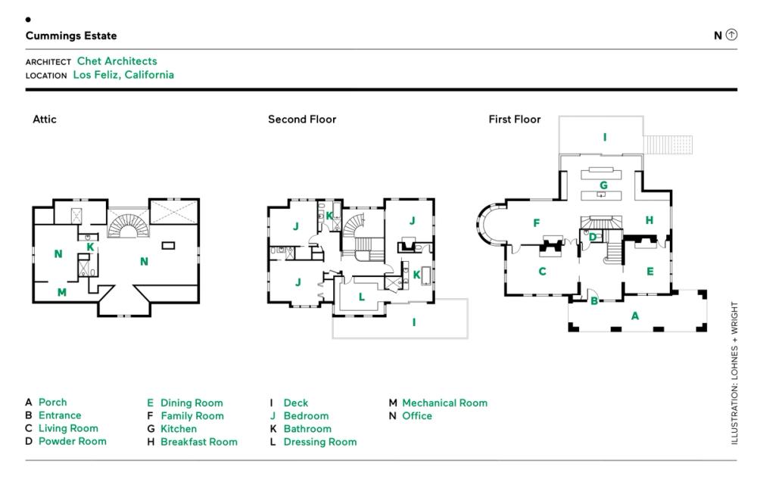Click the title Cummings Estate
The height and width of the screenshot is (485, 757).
(71, 36)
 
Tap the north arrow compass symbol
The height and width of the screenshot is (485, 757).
(731, 35)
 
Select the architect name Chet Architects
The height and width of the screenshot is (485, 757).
(117, 61)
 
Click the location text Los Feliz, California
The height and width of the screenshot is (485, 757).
(123, 75)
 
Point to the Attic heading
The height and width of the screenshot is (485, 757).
(45, 120)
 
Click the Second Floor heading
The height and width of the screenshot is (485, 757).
(302, 120)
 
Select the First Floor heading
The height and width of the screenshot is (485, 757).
(515, 120)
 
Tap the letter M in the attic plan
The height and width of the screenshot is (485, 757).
(62, 292)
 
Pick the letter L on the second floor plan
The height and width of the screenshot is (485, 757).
(362, 297)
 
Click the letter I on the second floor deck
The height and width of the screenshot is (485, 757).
(414, 322)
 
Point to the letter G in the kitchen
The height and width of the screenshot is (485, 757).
(603, 185)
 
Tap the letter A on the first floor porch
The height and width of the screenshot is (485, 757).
(635, 316)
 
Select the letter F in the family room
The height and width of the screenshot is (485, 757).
(537, 223)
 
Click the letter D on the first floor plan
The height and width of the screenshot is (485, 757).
(593, 238)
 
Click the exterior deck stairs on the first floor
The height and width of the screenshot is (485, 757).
(668, 144)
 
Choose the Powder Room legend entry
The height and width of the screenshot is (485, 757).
(72, 441)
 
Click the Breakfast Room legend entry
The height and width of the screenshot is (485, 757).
(198, 442)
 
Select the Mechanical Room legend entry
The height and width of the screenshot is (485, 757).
(444, 403)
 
